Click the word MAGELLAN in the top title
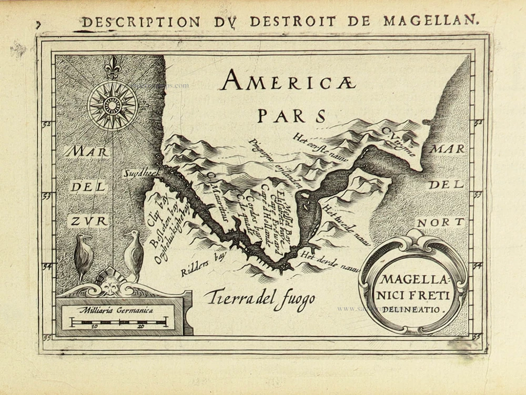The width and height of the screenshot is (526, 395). tap(431, 21)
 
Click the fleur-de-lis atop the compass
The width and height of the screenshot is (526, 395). tap(112, 67)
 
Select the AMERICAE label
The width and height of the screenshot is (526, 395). tap(288, 82)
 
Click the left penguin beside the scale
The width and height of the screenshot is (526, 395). tap(83, 257)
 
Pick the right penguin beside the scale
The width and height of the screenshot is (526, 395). tap(133, 256)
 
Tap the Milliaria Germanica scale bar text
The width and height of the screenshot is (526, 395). tap(115, 310)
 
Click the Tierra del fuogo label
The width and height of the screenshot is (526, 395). tap(260, 298)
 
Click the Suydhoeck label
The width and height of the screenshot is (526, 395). tap(137, 173)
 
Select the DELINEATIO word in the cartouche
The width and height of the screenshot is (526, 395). tap(412, 310)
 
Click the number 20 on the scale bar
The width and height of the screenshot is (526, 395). tap(140, 327)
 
